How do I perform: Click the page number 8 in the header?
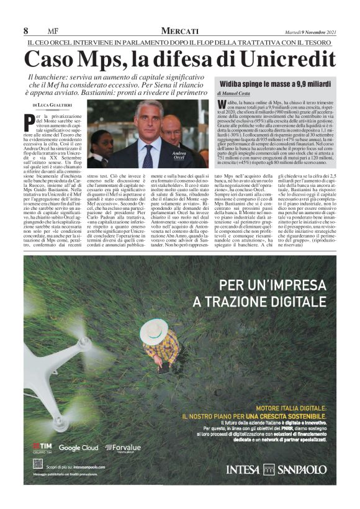[26, 31]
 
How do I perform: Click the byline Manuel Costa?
[248, 93]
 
